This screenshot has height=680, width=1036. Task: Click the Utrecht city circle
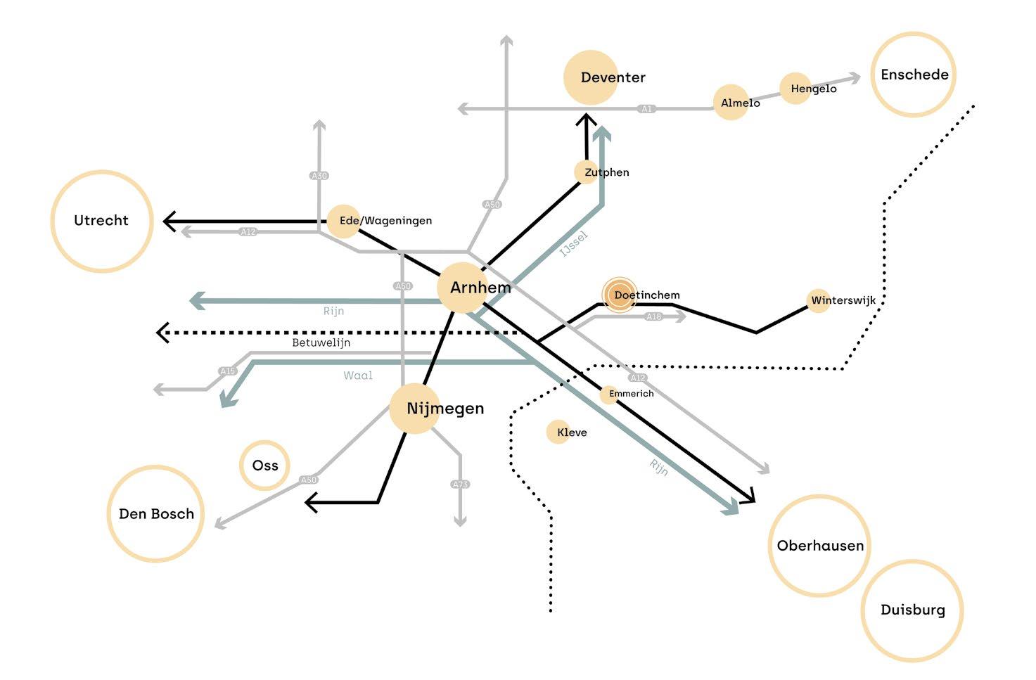(x=102, y=221)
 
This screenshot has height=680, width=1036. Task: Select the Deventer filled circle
(x=591, y=77)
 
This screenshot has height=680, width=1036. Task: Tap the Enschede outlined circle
(x=914, y=74)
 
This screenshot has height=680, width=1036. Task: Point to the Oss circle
(x=264, y=466)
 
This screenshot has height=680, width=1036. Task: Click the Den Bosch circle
(x=155, y=513)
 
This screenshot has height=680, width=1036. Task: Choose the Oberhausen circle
(x=819, y=546)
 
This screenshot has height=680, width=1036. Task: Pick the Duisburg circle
(x=912, y=610)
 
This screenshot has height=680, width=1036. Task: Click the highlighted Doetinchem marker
(x=620, y=295)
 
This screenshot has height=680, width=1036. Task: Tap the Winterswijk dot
(x=818, y=301)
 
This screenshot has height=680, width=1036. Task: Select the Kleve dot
(x=558, y=432)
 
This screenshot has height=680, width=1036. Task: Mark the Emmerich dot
(x=608, y=394)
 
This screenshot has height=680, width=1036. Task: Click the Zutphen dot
(x=586, y=172)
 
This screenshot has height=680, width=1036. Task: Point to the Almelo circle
(x=730, y=103)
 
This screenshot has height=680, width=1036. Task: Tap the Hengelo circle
(x=795, y=89)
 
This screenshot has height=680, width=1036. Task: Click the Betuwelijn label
(x=321, y=343)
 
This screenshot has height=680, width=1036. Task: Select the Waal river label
(x=358, y=376)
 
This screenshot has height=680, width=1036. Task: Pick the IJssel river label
(x=574, y=243)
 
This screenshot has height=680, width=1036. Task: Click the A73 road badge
(x=460, y=485)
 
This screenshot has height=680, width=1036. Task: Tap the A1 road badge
(x=646, y=109)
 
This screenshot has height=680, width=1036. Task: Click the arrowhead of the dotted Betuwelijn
(x=162, y=332)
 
